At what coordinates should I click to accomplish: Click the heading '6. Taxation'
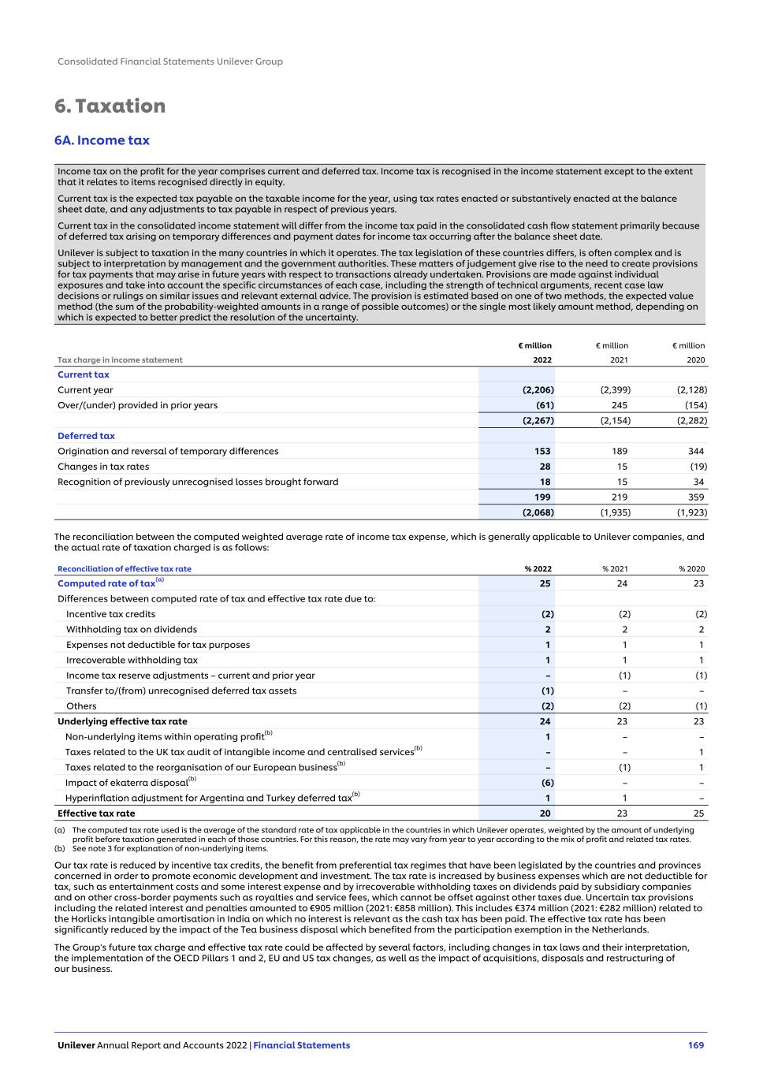[x=110, y=106]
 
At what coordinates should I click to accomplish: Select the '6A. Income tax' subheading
[x=102, y=140]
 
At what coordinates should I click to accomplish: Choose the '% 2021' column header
[x=615, y=568]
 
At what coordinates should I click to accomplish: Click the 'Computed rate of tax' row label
[x=106, y=583]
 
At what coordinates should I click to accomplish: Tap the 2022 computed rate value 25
[x=545, y=583]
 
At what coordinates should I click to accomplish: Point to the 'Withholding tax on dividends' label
[x=132, y=629]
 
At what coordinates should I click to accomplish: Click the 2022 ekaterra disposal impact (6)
[x=547, y=783]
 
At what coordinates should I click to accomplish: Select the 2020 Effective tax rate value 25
[x=698, y=814]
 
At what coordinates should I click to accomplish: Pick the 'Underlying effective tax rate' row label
[x=122, y=721]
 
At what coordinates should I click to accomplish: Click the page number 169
[x=695, y=1045]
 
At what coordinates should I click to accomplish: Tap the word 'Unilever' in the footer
[x=76, y=1045]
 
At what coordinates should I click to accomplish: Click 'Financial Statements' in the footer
[x=302, y=1045]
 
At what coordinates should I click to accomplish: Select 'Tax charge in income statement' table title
[x=120, y=360]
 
